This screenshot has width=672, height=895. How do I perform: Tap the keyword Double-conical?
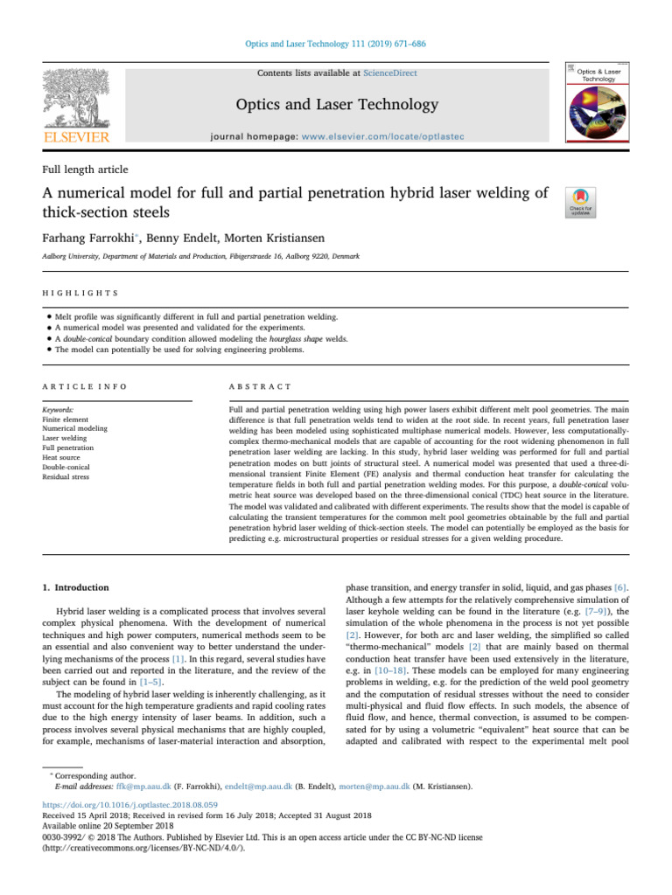[67, 467]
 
